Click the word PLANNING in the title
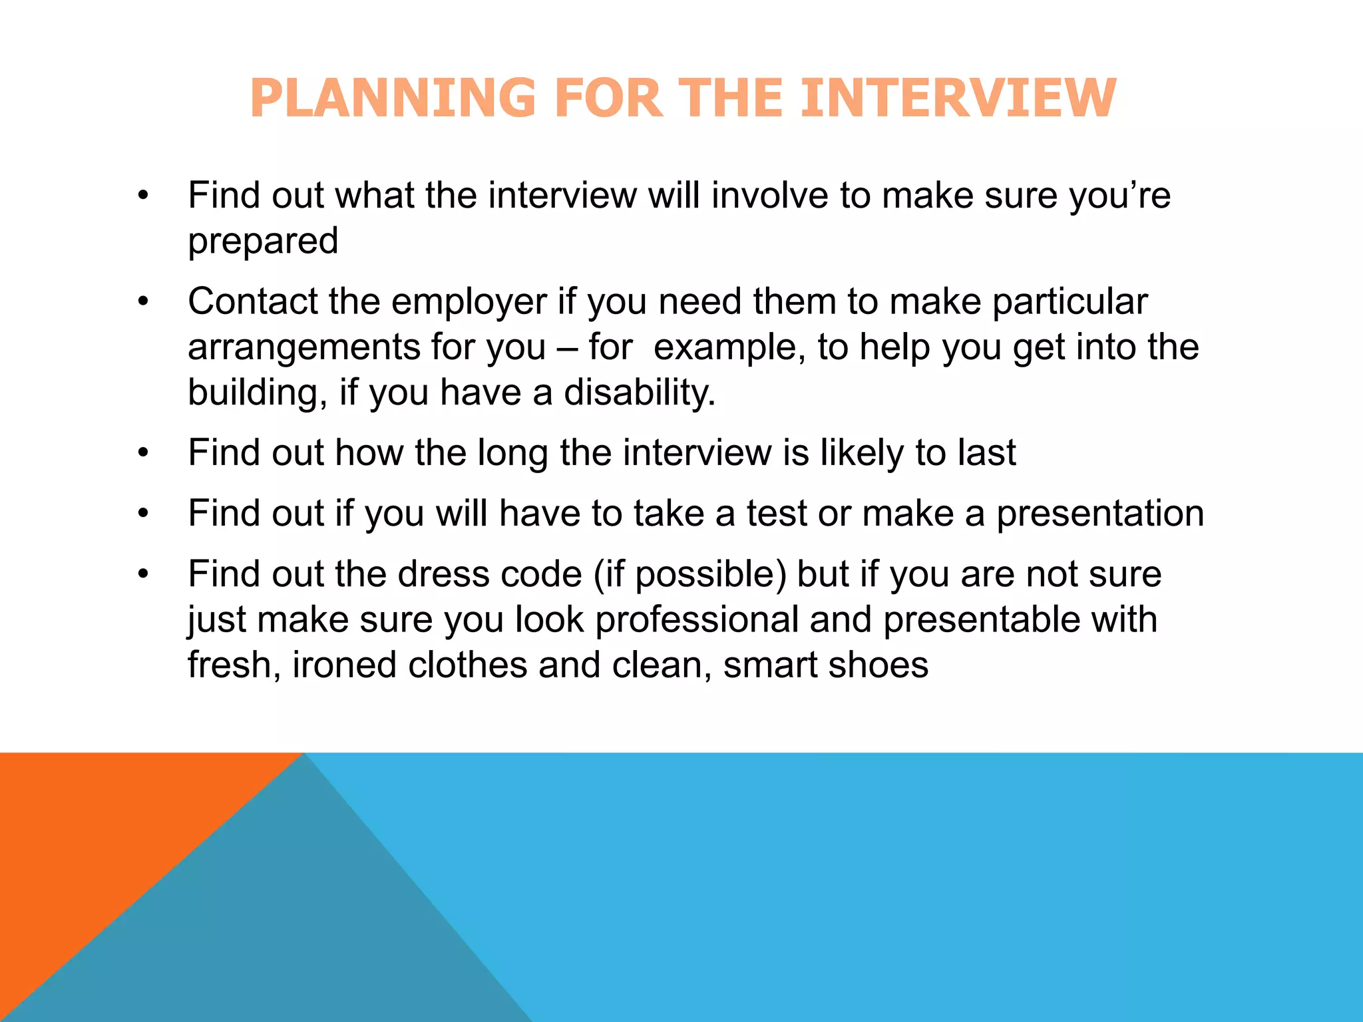point(393,98)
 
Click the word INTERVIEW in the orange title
point(958,98)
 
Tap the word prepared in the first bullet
point(263,241)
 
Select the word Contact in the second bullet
point(252,301)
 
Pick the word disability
point(639,392)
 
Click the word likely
point(862,453)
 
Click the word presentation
point(1100,514)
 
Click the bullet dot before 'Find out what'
point(143,196)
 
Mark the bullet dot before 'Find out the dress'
point(143,574)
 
